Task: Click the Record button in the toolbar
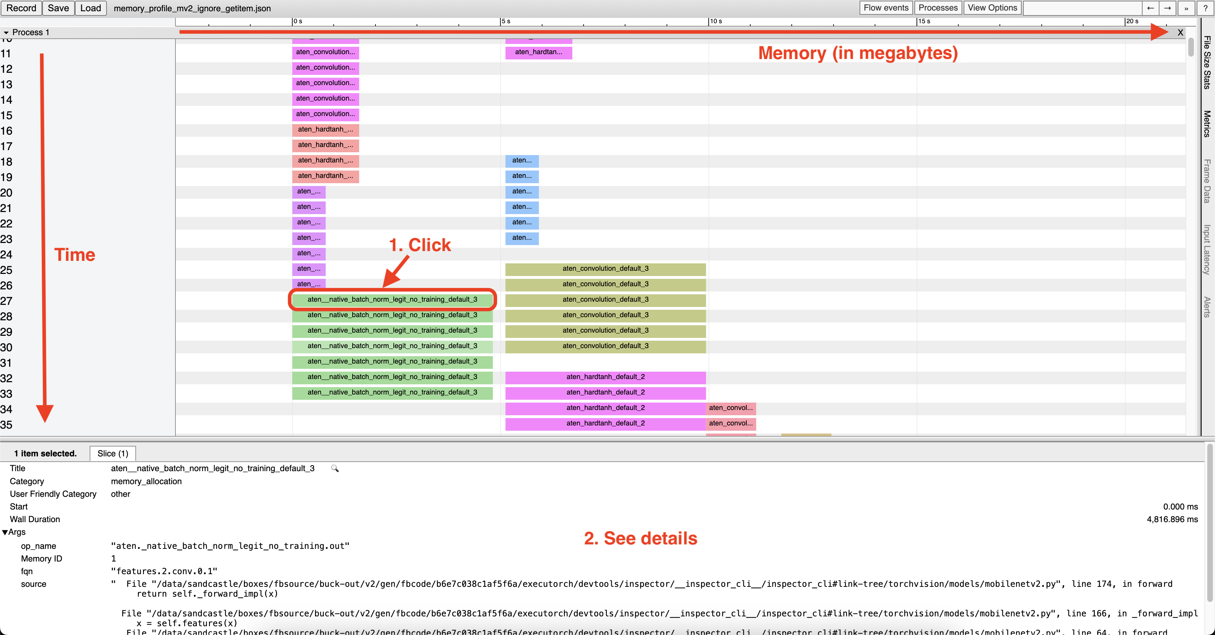coord(21,8)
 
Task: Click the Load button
coord(91,8)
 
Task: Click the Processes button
coord(938,8)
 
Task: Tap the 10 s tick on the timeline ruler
coord(715,21)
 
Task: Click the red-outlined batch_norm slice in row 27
coord(392,300)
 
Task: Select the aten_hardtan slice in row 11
coord(538,52)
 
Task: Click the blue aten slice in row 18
coord(522,160)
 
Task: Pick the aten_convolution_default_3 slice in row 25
coord(605,268)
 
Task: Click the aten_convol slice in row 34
coord(731,408)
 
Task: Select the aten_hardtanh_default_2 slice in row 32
coord(605,377)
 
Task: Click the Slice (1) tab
coord(113,453)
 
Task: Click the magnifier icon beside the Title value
coord(335,468)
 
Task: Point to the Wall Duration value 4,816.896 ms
coord(1172,519)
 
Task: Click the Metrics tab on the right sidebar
coord(1207,124)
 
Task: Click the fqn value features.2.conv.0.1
coord(164,571)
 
